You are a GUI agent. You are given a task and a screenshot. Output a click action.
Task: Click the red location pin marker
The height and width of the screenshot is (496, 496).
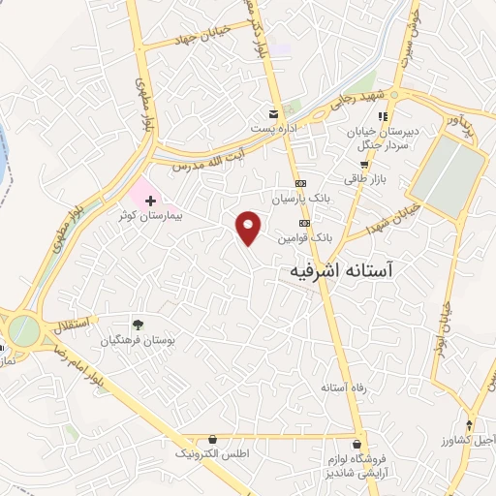(x=249, y=227)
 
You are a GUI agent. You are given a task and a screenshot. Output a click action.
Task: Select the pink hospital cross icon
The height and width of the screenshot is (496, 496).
(x=150, y=201)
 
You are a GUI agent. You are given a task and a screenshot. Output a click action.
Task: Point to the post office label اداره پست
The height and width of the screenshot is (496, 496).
(x=270, y=128)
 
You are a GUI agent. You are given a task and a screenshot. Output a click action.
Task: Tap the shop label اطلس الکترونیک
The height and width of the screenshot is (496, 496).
(x=212, y=452)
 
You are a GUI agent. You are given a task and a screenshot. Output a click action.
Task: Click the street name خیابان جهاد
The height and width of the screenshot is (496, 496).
(x=198, y=36)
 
